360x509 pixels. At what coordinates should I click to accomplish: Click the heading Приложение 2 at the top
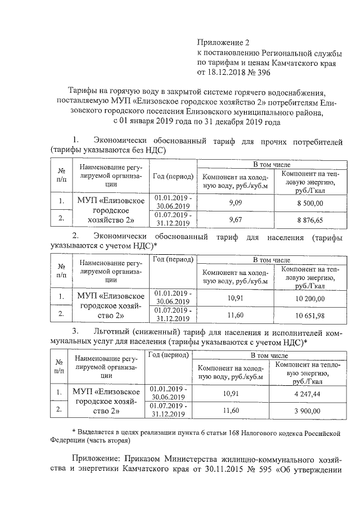pos(222,42)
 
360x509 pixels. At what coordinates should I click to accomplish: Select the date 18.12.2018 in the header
pos(228,73)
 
